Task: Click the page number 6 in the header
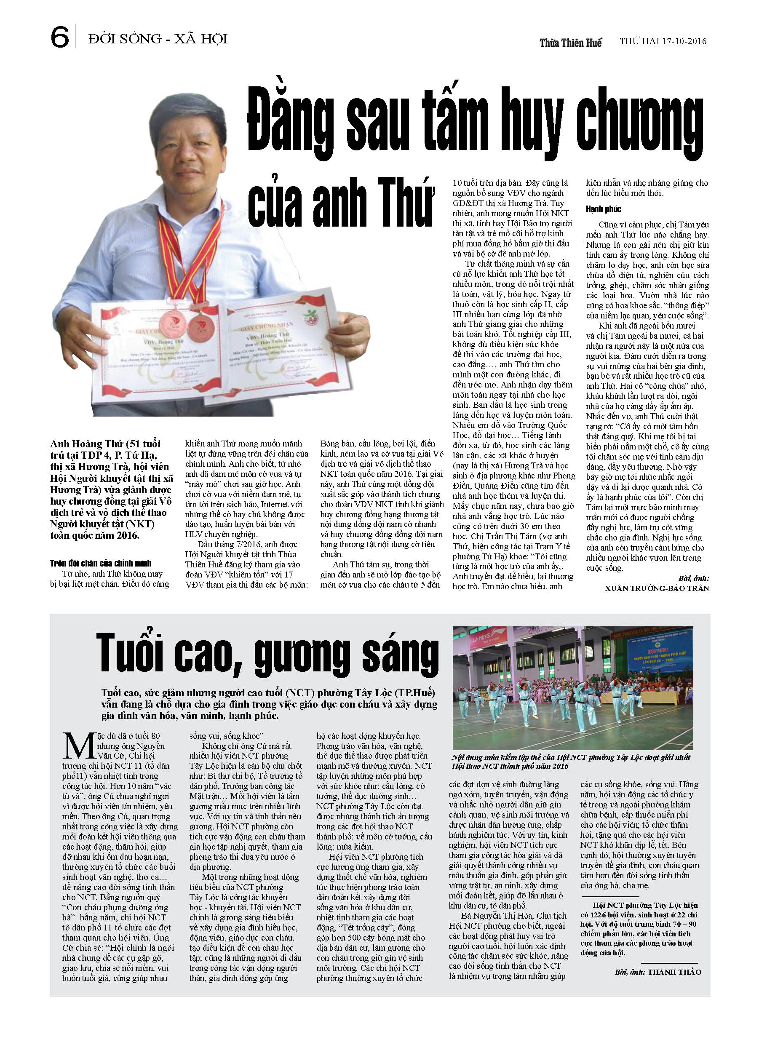coord(59,37)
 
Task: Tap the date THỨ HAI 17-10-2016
coord(662,41)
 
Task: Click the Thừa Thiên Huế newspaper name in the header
coord(571,43)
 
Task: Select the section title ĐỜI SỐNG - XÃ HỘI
coord(158,39)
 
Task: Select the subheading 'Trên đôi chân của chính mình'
coord(101,563)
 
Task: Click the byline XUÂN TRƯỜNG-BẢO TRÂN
coord(657,588)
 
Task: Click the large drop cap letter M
coord(80,746)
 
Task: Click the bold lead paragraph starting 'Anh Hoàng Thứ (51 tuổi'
coord(111,489)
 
